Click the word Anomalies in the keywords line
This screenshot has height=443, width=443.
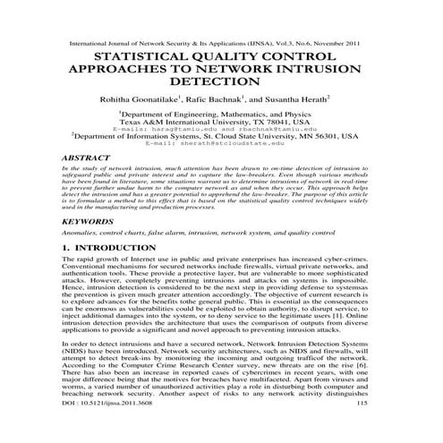click(x=77, y=231)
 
